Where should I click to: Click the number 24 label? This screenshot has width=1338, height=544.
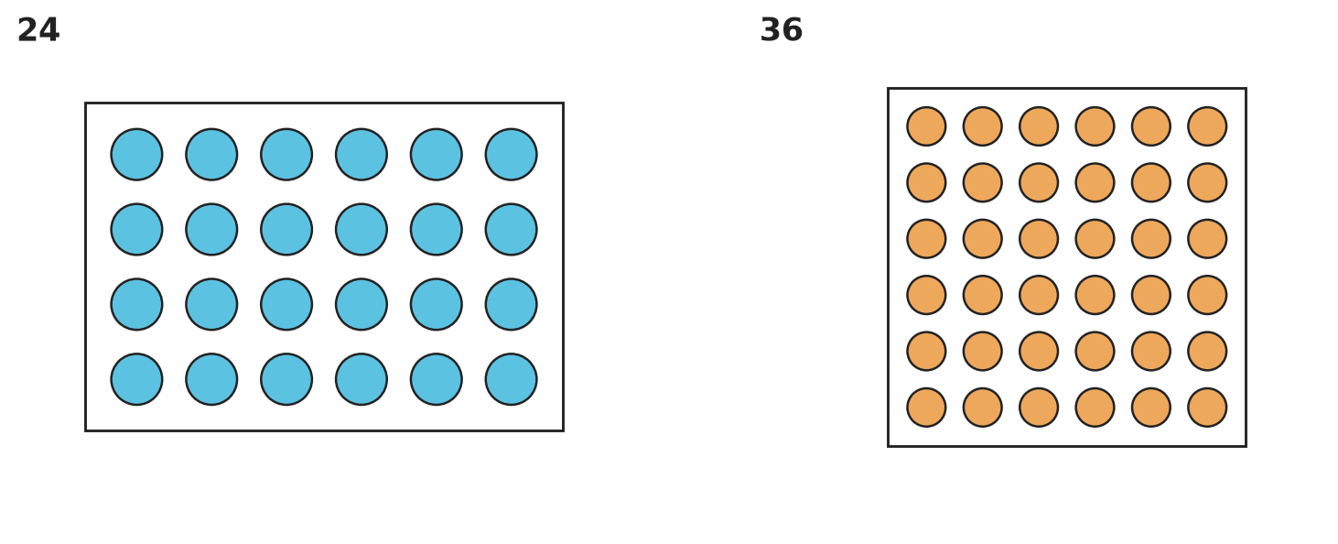click(38, 30)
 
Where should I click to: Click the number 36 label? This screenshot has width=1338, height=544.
click(782, 30)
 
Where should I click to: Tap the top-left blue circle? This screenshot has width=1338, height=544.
click(136, 154)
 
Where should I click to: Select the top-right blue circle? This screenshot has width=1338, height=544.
click(512, 154)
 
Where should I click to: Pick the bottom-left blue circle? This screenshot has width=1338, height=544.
click(136, 379)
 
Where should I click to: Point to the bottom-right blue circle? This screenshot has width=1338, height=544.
click(512, 379)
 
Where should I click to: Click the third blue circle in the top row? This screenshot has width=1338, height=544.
click(286, 154)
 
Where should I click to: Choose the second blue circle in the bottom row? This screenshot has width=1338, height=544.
click(211, 379)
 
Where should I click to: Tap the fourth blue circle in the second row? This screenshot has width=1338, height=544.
click(361, 230)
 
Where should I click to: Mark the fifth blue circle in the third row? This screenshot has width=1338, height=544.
click(436, 304)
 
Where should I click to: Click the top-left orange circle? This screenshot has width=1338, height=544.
click(926, 126)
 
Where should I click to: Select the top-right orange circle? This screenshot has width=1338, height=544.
click(1207, 126)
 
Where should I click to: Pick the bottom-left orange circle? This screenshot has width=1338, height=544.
click(926, 408)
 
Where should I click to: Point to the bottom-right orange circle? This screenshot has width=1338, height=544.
click(1207, 408)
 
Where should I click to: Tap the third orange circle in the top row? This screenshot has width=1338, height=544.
click(1039, 126)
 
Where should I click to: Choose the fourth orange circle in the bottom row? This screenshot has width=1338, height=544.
click(1095, 408)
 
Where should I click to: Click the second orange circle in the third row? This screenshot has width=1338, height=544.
click(983, 238)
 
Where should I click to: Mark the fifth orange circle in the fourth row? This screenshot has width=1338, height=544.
click(1151, 295)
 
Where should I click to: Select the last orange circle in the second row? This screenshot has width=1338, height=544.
click(1207, 182)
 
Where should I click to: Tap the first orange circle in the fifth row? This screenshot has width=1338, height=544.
click(926, 352)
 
